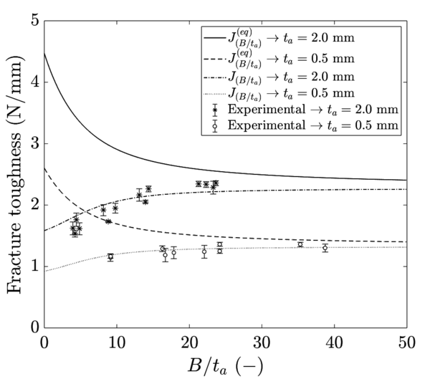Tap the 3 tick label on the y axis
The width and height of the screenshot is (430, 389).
(x=34, y=144)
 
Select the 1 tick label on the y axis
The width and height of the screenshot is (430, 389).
(x=34, y=266)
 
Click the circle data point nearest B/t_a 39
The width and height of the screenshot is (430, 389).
(x=325, y=248)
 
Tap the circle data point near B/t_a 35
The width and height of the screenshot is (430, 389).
(x=300, y=244)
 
